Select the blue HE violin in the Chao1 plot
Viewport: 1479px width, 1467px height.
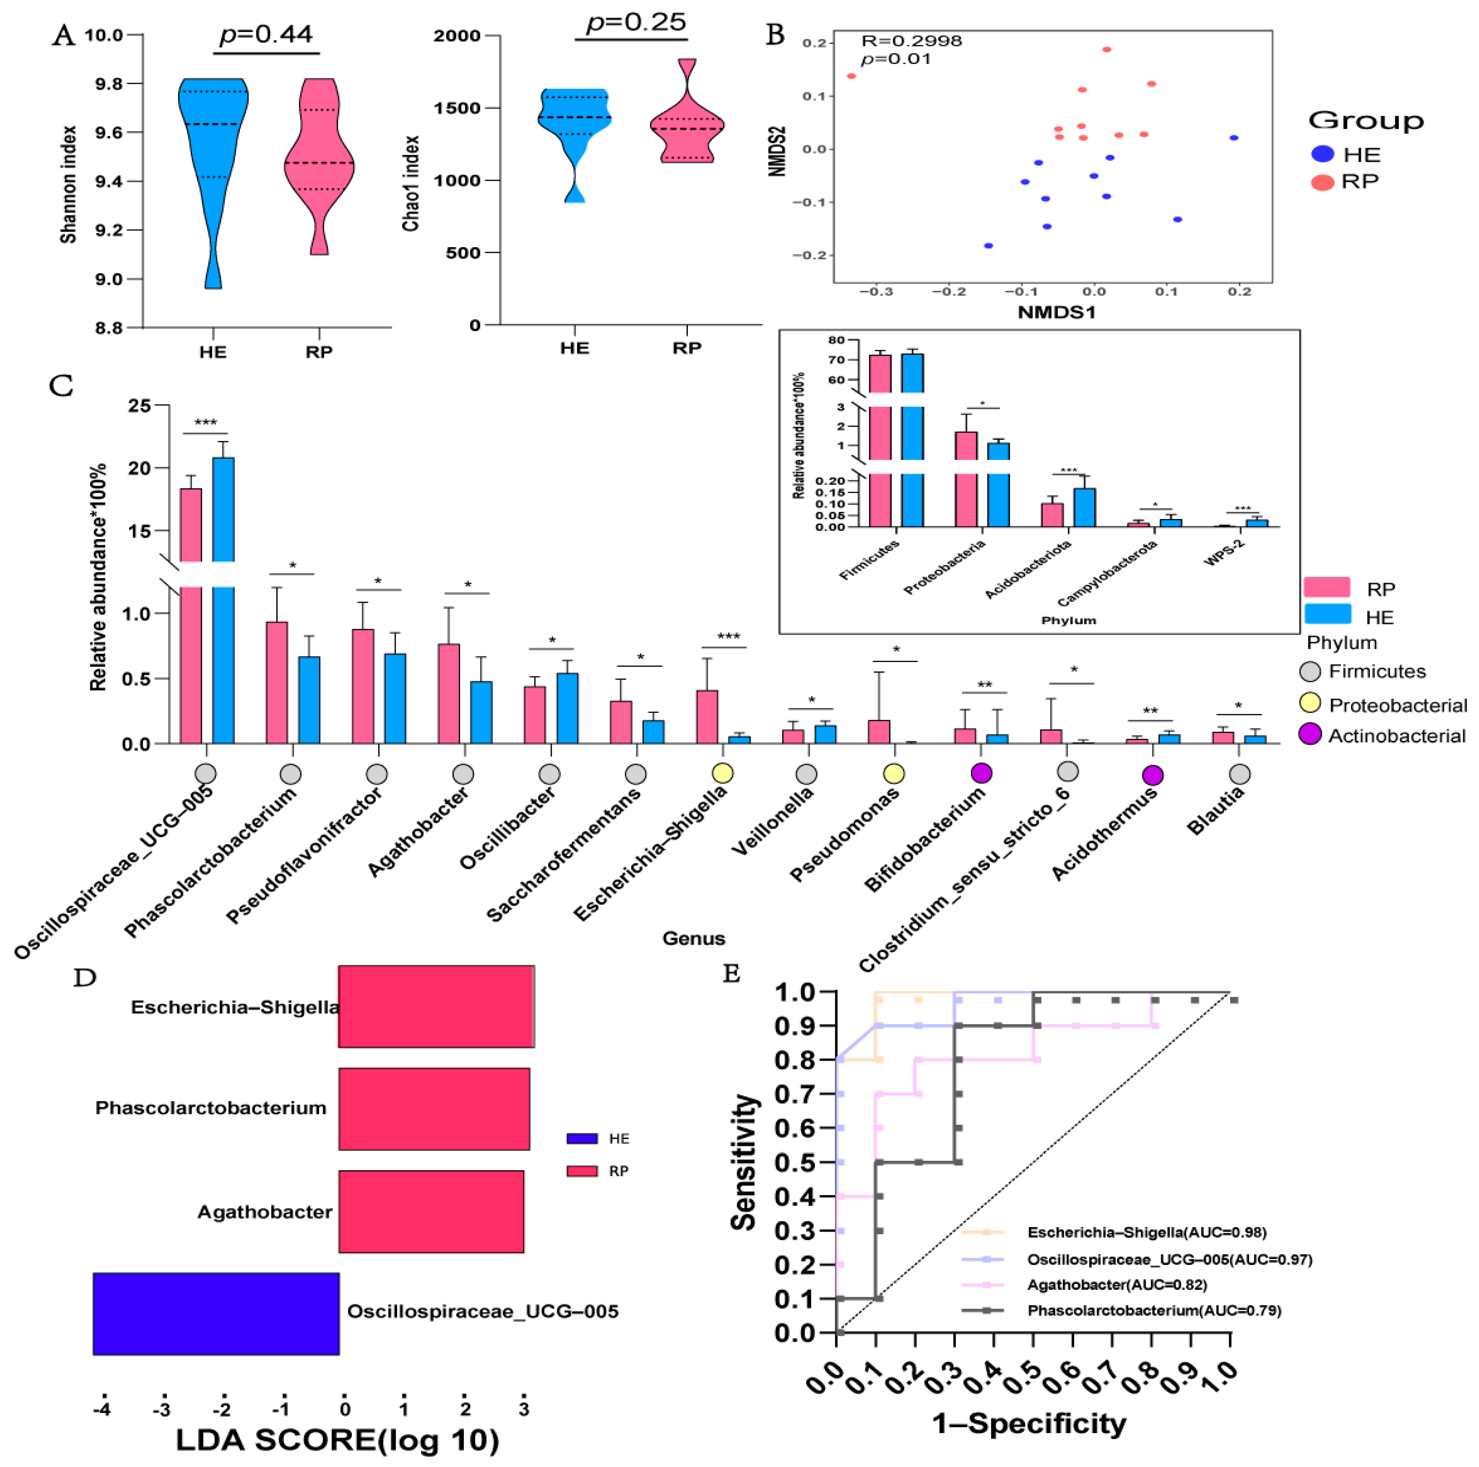point(574,123)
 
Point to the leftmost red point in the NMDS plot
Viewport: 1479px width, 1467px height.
point(851,76)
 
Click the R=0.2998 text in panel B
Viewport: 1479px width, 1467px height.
point(911,41)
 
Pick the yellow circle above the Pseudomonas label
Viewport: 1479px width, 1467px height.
point(893,773)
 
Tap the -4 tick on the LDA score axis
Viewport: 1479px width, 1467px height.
point(102,1409)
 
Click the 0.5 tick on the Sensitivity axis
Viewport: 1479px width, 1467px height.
point(794,1162)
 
